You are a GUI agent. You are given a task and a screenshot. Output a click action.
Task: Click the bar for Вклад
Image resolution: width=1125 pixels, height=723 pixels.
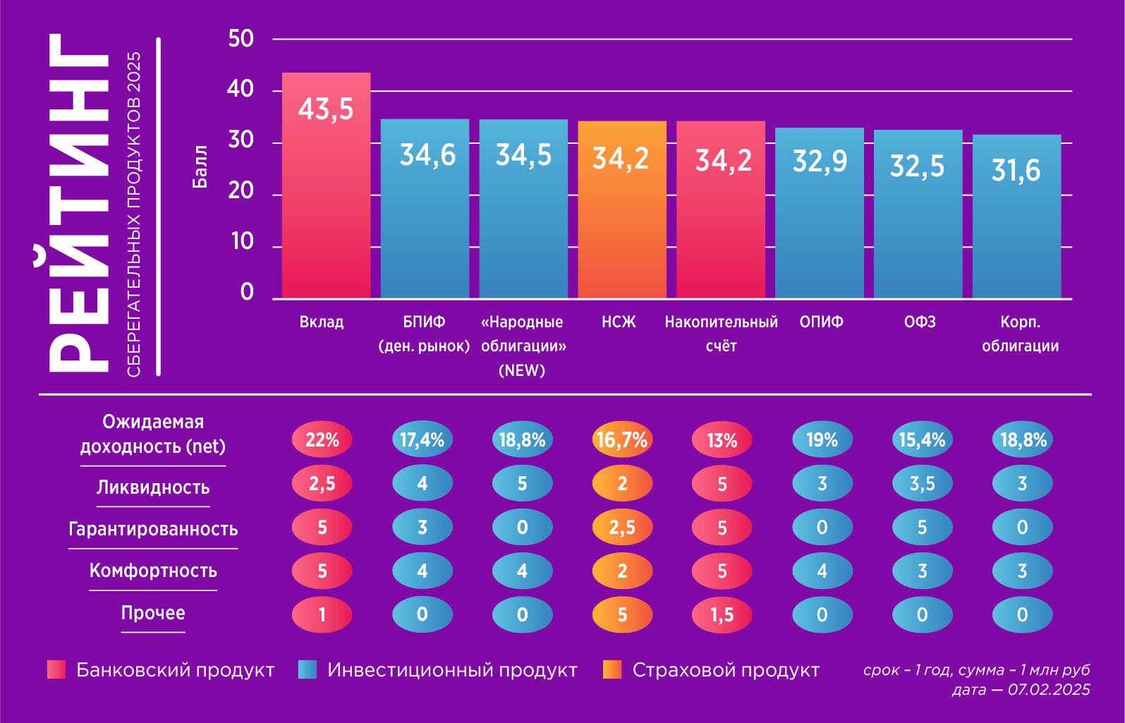coord(326,185)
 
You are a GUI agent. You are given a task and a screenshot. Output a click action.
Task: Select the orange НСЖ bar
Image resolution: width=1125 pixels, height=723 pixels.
coord(621,209)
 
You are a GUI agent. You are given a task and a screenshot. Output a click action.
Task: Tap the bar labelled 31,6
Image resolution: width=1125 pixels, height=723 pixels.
coord(1016,216)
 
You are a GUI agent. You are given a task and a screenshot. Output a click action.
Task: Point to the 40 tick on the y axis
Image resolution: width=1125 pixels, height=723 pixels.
coord(241,90)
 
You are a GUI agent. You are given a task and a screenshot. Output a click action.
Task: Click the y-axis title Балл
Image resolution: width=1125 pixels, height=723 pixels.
coord(200,167)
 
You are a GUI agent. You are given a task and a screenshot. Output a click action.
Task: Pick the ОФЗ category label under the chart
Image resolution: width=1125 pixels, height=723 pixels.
coord(920,322)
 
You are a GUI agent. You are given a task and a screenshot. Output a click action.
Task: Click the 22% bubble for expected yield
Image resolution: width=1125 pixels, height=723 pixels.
coord(322,440)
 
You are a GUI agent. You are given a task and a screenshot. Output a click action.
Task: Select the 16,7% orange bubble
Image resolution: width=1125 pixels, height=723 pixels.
coord(621,440)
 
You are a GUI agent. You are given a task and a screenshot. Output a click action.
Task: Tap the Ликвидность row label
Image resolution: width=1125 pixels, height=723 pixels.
coord(152,487)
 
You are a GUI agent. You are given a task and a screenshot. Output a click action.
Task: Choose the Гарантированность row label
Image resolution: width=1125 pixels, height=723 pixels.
coord(152,529)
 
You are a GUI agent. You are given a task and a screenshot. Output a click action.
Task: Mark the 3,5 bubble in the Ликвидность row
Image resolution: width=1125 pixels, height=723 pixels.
coord(922,484)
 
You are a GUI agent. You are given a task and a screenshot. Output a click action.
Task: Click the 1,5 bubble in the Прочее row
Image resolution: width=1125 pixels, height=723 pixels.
coord(722,614)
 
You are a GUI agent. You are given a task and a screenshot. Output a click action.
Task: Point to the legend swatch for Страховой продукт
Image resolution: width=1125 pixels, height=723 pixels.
coord(612,670)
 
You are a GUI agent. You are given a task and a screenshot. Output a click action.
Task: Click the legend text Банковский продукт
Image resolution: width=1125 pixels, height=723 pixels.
coord(175,670)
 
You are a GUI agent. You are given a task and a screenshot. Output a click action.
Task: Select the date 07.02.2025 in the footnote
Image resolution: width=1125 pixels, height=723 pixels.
coord(1049,690)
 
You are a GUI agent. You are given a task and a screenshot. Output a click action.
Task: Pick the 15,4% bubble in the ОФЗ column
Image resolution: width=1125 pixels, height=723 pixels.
coord(922,440)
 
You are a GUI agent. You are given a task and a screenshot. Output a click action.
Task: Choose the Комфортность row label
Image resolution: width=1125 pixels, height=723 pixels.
coord(152,571)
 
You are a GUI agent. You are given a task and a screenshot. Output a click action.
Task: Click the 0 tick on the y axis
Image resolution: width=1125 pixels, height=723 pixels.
coord(246,292)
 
